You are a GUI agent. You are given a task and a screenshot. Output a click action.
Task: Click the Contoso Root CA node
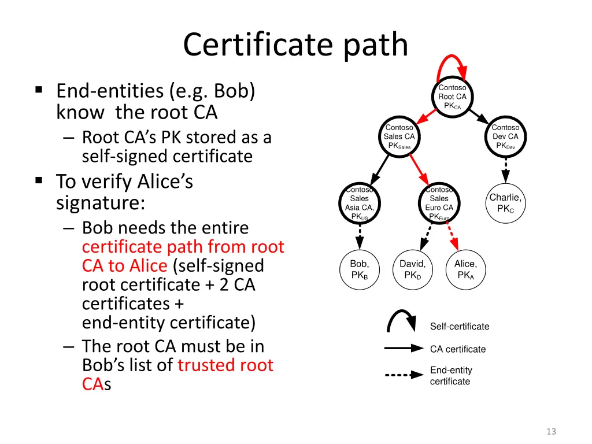point(452,97)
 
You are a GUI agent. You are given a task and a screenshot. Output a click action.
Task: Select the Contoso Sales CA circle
point(399,137)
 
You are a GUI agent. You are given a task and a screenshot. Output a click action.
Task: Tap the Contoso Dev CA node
point(505,137)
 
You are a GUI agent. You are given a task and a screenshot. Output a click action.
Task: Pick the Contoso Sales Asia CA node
point(360,203)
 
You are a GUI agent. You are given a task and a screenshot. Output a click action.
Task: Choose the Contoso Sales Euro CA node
point(439,203)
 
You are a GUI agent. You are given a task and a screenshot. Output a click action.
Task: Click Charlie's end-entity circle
point(505,202)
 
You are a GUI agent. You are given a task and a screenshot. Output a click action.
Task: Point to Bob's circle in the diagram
point(360,269)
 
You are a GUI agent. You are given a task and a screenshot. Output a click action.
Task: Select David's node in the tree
point(413,269)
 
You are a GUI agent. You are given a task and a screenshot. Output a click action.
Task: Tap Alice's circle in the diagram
point(465,269)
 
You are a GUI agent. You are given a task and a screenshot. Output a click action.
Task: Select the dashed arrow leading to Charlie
point(506,171)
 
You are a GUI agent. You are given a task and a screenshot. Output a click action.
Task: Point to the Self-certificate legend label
point(460,327)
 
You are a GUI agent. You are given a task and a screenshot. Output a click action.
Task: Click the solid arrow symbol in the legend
point(404,349)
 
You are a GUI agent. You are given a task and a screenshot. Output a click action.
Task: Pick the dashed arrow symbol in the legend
point(404,375)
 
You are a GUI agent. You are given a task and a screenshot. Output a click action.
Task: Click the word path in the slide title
point(376,45)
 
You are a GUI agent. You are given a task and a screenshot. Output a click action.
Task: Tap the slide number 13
point(551,431)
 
